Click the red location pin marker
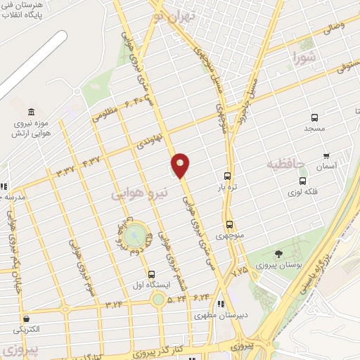tap(181, 165)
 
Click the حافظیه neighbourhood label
tap(285, 165)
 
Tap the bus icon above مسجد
tap(314, 118)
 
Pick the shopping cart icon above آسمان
tap(326, 155)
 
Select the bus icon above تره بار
tap(227, 176)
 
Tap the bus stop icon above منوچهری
tap(229, 225)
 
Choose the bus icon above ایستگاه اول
tap(151, 274)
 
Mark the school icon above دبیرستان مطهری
tap(221, 304)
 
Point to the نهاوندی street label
tap(150, 139)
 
